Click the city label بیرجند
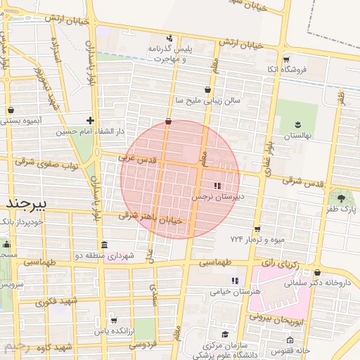point(26,202)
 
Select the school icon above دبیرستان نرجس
point(217,186)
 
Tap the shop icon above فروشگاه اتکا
point(285,59)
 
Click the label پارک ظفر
point(342,210)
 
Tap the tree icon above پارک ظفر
point(342,198)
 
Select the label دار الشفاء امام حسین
point(59,131)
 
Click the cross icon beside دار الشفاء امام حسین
point(90,120)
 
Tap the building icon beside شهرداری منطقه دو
point(105,245)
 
